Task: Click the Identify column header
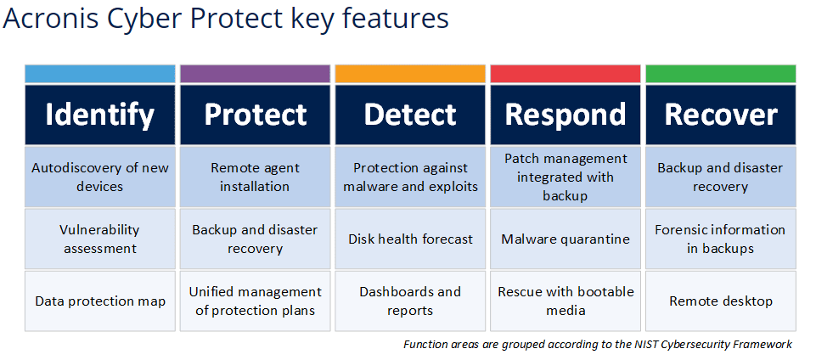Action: [100, 115]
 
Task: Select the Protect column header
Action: [255, 115]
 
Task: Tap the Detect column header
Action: [410, 115]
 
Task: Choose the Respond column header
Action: [566, 115]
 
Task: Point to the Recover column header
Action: [721, 115]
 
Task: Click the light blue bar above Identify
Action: [100, 74]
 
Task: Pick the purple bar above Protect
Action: [255, 74]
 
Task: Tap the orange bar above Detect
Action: [410, 74]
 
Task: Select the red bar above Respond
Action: [566, 74]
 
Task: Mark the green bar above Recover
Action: [721, 74]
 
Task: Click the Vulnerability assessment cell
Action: [100, 239]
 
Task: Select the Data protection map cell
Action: [100, 301]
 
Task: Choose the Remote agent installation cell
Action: [255, 177]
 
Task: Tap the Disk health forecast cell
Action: [410, 239]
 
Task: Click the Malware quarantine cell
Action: [566, 239]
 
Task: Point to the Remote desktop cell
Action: [721, 301]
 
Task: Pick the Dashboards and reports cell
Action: [410, 301]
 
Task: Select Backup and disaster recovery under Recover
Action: [721, 177]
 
